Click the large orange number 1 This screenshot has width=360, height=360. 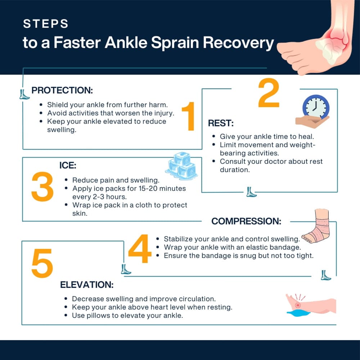click(189, 116)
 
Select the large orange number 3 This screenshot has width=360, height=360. click(42, 186)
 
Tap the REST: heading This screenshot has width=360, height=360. click(221, 123)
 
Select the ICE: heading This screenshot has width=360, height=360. click(68, 166)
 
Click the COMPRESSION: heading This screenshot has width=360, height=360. click(246, 221)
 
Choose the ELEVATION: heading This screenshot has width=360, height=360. click(87, 285)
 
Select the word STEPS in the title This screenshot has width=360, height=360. click(46, 24)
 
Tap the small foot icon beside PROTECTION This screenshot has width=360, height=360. click(24, 94)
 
